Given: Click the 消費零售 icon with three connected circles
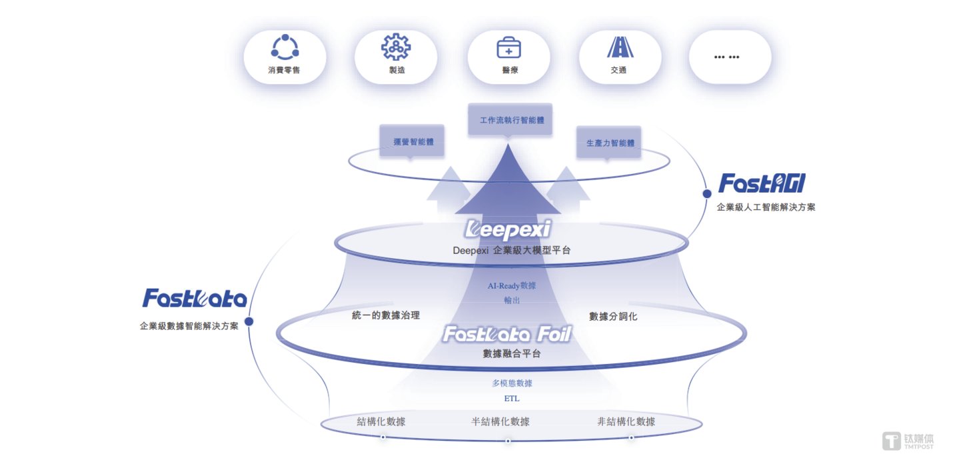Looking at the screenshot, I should pos(285,47).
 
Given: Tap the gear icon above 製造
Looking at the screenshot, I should pos(395,47).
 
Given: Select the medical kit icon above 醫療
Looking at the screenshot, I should pos(508,47).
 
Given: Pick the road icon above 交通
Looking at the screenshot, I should pos(620,47).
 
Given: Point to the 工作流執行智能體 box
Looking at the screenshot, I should pos(510,121).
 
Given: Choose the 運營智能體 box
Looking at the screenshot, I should pos(411,141).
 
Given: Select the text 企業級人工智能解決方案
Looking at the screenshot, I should pos(766,207).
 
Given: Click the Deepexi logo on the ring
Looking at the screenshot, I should pos(508,230).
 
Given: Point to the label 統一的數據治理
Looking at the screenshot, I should pos(386,315).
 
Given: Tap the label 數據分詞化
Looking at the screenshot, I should pos(613,316).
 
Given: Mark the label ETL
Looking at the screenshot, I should pos(512,399).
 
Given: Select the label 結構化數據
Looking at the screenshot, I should pos(381,421).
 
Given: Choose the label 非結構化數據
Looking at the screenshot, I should pos(626,421).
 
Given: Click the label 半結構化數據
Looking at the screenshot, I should pos(500,421).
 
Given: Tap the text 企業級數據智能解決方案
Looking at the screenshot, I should pos(189,327).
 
